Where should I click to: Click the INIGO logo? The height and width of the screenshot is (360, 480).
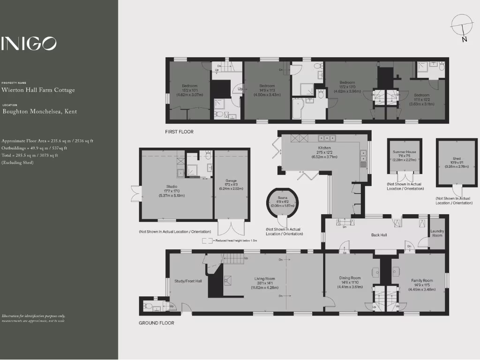pyautogui.click(x=29, y=44)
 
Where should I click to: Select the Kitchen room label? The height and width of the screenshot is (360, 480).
pyautogui.click(x=324, y=148)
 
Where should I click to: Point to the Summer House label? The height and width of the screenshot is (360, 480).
pyautogui.click(x=404, y=152)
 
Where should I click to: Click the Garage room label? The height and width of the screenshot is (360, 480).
pyautogui.click(x=231, y=180)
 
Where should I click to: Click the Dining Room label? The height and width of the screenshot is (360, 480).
pyautogui.click(x=350, y=278)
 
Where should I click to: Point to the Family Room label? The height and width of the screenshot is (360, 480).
pyautogui.click(x=422, y=280)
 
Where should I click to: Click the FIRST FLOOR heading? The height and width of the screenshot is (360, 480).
pyautogui.click(x=179, y=132)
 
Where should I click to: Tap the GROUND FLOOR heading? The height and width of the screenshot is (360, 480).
pyautogui.click(x=157, y=323)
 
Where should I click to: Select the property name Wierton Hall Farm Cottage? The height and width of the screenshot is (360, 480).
pyautogui.click(x=38, y=90)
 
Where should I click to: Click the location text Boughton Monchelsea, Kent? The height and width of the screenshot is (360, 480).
pyautogui.click(x=40, y=112)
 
